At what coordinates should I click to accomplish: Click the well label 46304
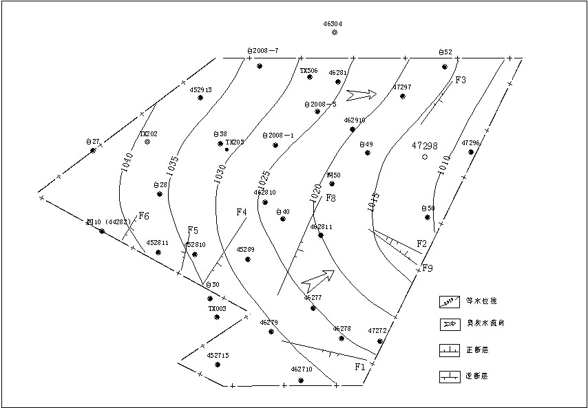(333, 23)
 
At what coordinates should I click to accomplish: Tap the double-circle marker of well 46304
(334, 32)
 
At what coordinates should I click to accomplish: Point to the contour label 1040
(127, 162)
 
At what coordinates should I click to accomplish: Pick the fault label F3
(461, 80)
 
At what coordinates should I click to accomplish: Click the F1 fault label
(359, 367)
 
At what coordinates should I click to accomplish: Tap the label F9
(428, 268)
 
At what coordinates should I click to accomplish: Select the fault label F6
(144, 216)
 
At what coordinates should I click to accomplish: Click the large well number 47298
(425, 146)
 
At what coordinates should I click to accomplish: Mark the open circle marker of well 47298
(425, 157)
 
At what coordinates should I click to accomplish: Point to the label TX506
(308, 70)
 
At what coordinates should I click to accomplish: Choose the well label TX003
(217, 309)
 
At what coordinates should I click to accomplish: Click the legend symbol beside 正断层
(449, 351)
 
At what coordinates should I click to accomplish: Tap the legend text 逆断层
(477, 377)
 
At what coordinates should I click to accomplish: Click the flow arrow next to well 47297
(362, 94)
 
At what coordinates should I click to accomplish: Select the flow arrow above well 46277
(317, 279)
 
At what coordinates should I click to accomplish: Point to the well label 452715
(218, 356)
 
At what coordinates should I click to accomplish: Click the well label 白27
(93, 142)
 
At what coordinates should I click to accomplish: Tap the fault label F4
(241, 212)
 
